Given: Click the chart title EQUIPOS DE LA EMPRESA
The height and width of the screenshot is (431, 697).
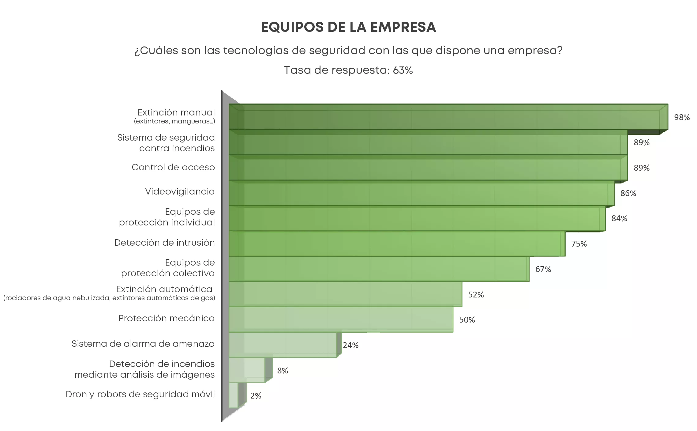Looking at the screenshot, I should pos(348,27).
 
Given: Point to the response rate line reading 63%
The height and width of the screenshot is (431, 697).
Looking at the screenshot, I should pos(348,70).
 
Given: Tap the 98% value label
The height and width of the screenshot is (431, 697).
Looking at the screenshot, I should pos(682,117).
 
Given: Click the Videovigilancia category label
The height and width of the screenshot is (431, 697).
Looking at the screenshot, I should pos(180,192).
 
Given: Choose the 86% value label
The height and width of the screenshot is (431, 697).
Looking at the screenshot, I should pos(628,193).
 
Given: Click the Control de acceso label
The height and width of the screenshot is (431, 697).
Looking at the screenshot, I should pos(173,168).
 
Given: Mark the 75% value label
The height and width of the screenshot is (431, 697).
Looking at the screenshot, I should pos(579,244).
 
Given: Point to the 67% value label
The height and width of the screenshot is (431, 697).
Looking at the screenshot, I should pos(543,269).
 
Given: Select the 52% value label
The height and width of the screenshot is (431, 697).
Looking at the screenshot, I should pos(476,295).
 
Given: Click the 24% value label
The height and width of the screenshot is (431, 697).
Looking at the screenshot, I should pos(350,345).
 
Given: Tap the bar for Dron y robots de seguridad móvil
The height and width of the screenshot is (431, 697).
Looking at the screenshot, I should pos(233,395).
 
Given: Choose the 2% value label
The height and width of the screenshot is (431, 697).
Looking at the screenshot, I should pos(256,396).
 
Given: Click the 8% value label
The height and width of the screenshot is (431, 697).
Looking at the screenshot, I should pos(283,371).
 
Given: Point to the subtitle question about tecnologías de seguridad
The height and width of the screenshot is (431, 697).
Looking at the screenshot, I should pos(348,51).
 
